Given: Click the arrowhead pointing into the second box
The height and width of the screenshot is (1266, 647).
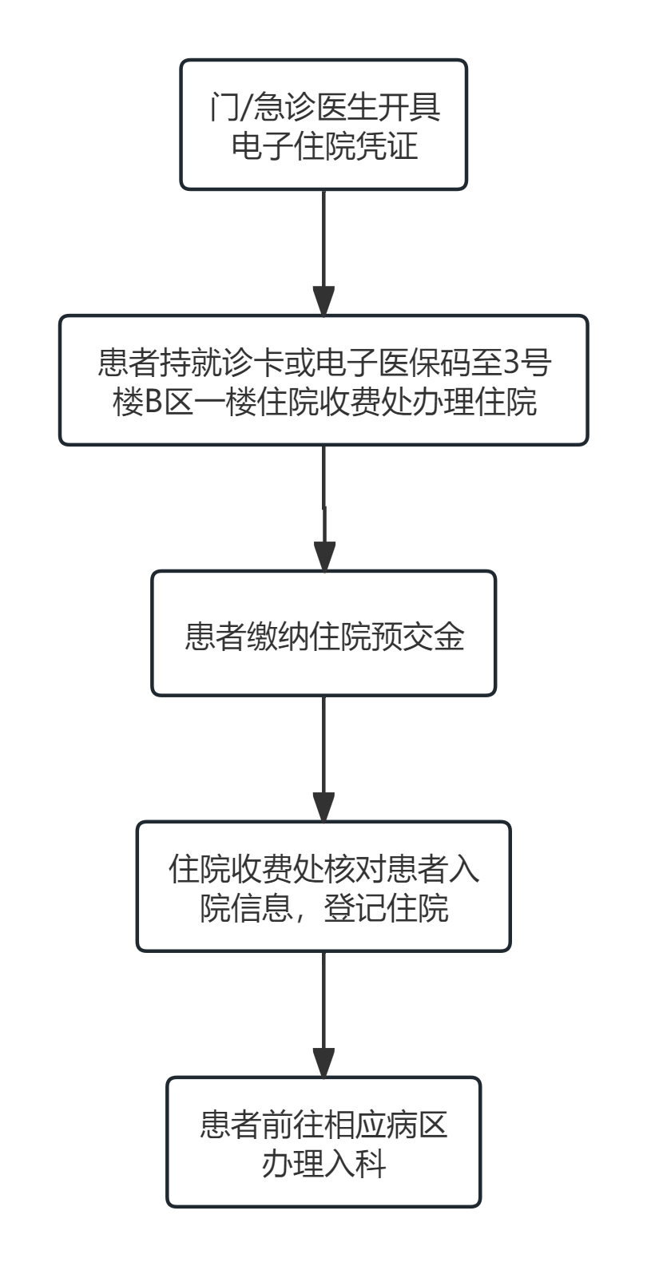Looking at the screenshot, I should point(323,302).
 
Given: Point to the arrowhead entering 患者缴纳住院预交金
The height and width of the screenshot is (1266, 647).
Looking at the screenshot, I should point(323,557).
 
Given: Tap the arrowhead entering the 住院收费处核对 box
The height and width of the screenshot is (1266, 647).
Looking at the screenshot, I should point(323,808).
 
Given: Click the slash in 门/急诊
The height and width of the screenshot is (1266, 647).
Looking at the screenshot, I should point(238,108).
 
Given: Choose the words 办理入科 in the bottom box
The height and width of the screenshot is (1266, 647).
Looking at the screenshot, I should point(323,1165).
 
